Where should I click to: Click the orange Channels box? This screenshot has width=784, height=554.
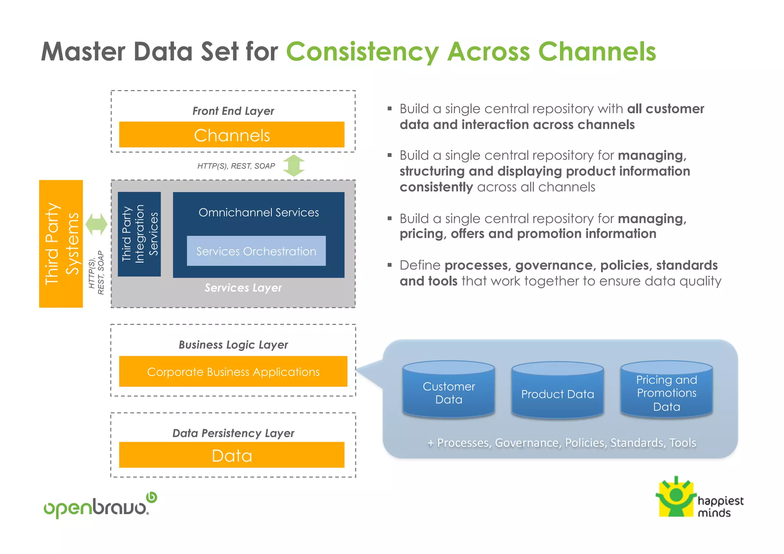[x=232, y=135]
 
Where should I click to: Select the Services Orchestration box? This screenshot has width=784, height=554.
[x=256, y=251]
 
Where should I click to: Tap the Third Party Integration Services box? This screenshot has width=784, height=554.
[x=139, y=234]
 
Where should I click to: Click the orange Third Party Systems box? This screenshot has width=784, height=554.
[x=61, y=243]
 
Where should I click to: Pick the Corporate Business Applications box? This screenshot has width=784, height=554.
[x=233, y=371]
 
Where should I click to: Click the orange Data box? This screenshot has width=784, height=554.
[x=232, y=455]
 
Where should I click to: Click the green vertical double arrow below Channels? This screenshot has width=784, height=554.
[x=294, y=166]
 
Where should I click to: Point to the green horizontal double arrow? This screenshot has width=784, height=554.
[x=96, y=224]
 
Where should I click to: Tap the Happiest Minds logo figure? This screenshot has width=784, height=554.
[x=676, y=497]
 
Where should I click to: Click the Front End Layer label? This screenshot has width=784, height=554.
[x=233, y=111]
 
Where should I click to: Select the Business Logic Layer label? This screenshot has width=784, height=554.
[x=233, y=345]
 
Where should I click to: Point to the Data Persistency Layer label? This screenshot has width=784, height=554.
[x=233, y=433]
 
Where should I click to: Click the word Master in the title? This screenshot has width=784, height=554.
[x=83, y=52]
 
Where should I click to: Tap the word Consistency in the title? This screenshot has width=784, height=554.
[x=363, y=52]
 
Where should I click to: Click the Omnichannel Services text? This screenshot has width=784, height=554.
[x=258, y=212]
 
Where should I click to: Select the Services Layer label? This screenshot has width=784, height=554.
[x=243, y=288]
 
